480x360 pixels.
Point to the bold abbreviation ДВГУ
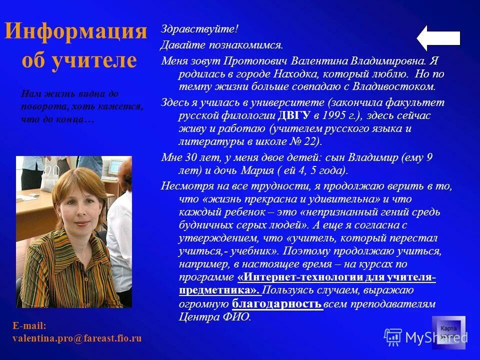click(294, 115)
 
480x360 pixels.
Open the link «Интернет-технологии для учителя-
click(336, 277)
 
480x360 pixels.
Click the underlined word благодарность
click(277, 303)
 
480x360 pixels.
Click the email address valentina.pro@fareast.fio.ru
click(77, 338)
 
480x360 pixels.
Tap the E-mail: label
click(29, 326)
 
